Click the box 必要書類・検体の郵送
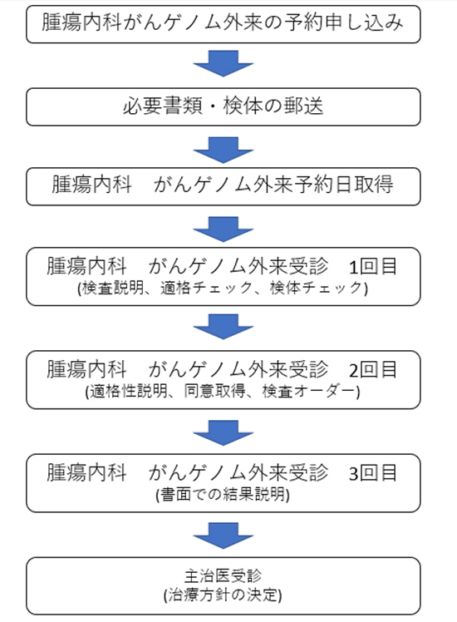[224, 106]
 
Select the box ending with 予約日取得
[224, 186]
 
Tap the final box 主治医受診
[224, 586]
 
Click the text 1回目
[372, 267]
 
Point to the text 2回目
[372, 370]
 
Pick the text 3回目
[372, 473]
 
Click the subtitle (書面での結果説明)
[223, 495]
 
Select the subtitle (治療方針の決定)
[223, 595]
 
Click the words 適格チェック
[207, 288]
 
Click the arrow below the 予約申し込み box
[224, 63]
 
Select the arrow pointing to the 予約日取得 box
[224, 150]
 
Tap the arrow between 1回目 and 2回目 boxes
[224, 327]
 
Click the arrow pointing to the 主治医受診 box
[224, 536]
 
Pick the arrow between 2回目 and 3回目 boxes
[224, 432]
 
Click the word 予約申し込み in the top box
[343, 22]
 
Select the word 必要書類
[163, 106]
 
